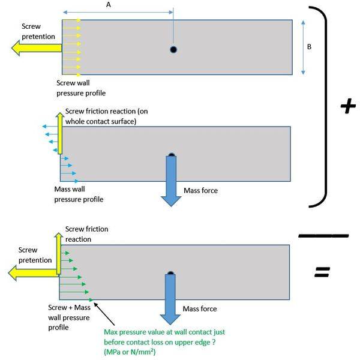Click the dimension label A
[x=108, y=5]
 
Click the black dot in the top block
[x=173, y=49]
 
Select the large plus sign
[x=347, y=107]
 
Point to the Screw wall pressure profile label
[x=81, y=88]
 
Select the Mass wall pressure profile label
[x=79, y=194]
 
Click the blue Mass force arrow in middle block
[x=172, y=180]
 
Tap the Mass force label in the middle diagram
[x=200, y=191]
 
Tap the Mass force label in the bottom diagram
[x=200, y=309]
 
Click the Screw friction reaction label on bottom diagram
[x=86, y=233]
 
